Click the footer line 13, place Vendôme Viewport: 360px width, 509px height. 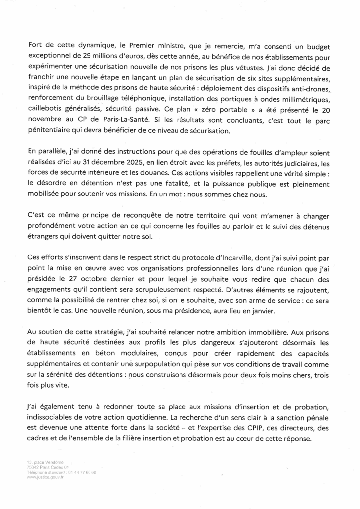tap(45, 462)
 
